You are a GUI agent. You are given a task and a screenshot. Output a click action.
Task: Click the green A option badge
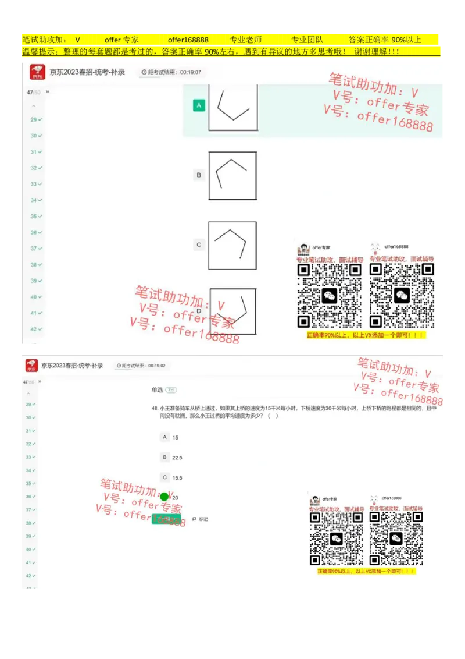click(199, 105)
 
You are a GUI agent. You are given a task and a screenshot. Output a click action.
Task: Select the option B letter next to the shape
click(199, 175)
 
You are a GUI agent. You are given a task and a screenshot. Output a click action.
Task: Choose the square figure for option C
click(233, 246)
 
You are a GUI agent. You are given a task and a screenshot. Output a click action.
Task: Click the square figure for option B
click(233, 175)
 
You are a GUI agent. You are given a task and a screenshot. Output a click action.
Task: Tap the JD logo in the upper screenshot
click(38, 72)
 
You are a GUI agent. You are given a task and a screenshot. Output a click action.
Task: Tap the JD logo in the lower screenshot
click(31, 366)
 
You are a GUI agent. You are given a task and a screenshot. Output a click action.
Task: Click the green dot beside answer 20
click(164, 497)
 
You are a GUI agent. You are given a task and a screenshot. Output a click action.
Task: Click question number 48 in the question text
click(155, 409)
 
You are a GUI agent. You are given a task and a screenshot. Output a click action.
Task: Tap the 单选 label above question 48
click(157, 390)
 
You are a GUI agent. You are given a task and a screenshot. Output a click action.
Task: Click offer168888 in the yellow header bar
click(188, 40)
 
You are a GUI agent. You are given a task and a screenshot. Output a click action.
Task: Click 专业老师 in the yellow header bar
click(246, 40)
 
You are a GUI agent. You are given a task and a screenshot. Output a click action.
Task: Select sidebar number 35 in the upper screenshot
click(34, 216)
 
